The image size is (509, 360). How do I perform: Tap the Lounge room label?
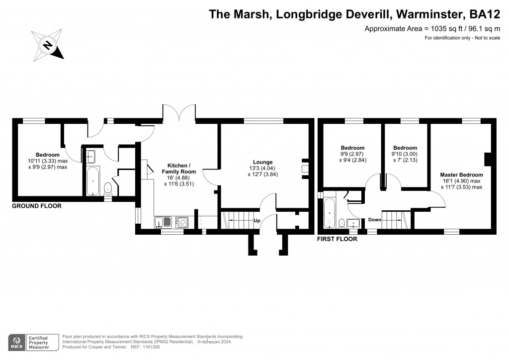[x=262, y=162]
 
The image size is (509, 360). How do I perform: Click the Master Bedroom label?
[x=461, y=175]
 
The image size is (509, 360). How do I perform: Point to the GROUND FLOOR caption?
[x=37, y=206]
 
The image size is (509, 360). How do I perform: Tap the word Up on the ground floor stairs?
[x=257, y=220]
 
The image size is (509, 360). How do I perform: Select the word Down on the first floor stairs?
[x=375, y=220]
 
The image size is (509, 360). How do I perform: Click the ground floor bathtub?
[x=93, y=182]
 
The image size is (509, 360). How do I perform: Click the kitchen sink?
[x=163, y=222]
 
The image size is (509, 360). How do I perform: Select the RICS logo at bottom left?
[x=18, y=342]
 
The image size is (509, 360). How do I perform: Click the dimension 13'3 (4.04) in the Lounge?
[x=262, y=168]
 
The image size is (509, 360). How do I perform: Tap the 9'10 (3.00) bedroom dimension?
[x=405, y=154]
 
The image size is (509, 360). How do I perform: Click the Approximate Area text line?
[x=432, y=29]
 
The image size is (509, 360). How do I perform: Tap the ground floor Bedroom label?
[x=47, y=155]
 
